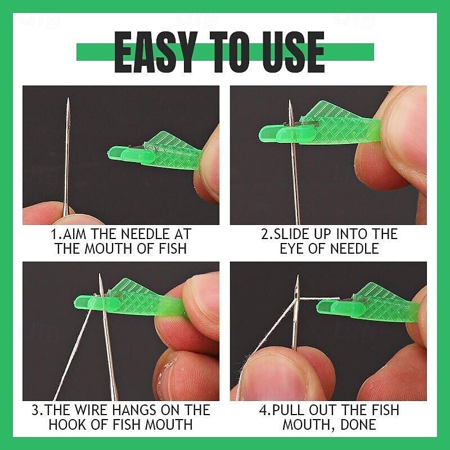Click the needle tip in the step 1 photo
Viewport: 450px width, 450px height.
[67, 100]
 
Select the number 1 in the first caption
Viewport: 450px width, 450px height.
[54, 234]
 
